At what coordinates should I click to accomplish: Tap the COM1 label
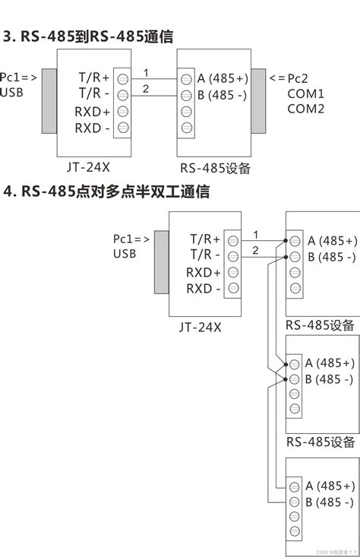click(x=305, y=94)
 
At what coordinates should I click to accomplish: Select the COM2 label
click(x=305, y=109)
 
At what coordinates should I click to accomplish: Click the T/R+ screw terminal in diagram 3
click(x=122, y=78)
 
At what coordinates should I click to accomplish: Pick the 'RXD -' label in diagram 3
click(x=93, y=128)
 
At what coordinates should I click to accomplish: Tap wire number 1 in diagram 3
click(x=145, y=72)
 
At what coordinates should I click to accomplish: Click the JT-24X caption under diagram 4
click(x=201, y=327)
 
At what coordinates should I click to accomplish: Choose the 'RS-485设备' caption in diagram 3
click(x=216, y=168)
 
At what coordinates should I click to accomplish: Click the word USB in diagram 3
click(x=11, y=93)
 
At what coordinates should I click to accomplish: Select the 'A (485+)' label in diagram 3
click(x=223, y=78)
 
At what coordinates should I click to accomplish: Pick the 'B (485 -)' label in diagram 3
click(x=223, y=96)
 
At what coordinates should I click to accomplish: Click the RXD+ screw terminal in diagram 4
click(x=233, y=273)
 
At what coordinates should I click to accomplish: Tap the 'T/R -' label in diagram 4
click(x=205, y=255)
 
